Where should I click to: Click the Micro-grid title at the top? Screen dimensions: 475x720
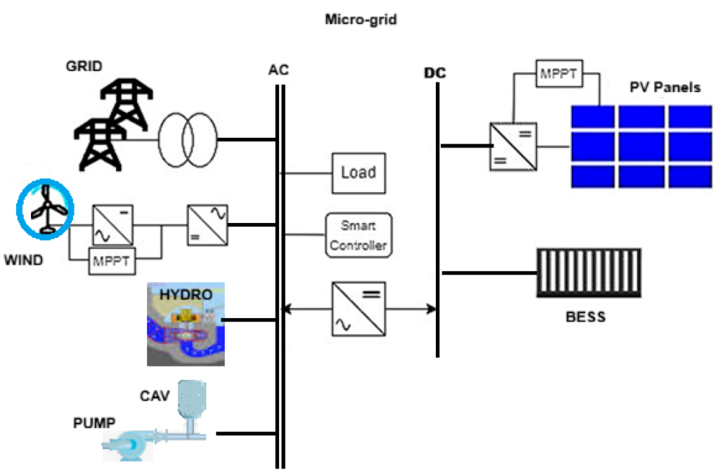pyautogui.click(x=360, y=20)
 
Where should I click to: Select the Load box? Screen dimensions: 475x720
pyautogui.click(x=359, y=172)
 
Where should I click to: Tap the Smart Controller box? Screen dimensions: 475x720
pyautogui.click(x=359, y=236)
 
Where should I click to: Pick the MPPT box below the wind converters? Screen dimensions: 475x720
pyautogui.click(x=112, y=262)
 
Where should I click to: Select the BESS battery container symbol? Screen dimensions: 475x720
pyautogui.click(x=589, y=273)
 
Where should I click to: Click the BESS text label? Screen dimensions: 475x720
pyautogui.click(x=585, y=317)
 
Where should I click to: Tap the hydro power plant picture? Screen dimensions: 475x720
pyautogui.click(x=185, y=324)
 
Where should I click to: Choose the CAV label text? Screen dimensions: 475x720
pyautogui.click(x=154, y=396)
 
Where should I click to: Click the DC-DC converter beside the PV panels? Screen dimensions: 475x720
pyautogui.click(x=513, y=146)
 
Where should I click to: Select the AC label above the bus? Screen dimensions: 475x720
pyautogui.click(x=278, y=70)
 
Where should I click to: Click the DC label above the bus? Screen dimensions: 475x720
pyautogui.click(x=435, y=73)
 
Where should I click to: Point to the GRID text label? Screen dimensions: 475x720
pyautogui.click(x=84, y=67)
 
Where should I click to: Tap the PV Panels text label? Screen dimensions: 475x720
pyautogui.click(x=664, y=87)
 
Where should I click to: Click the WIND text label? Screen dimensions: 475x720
pyautogui.click(x=23, y=260)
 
